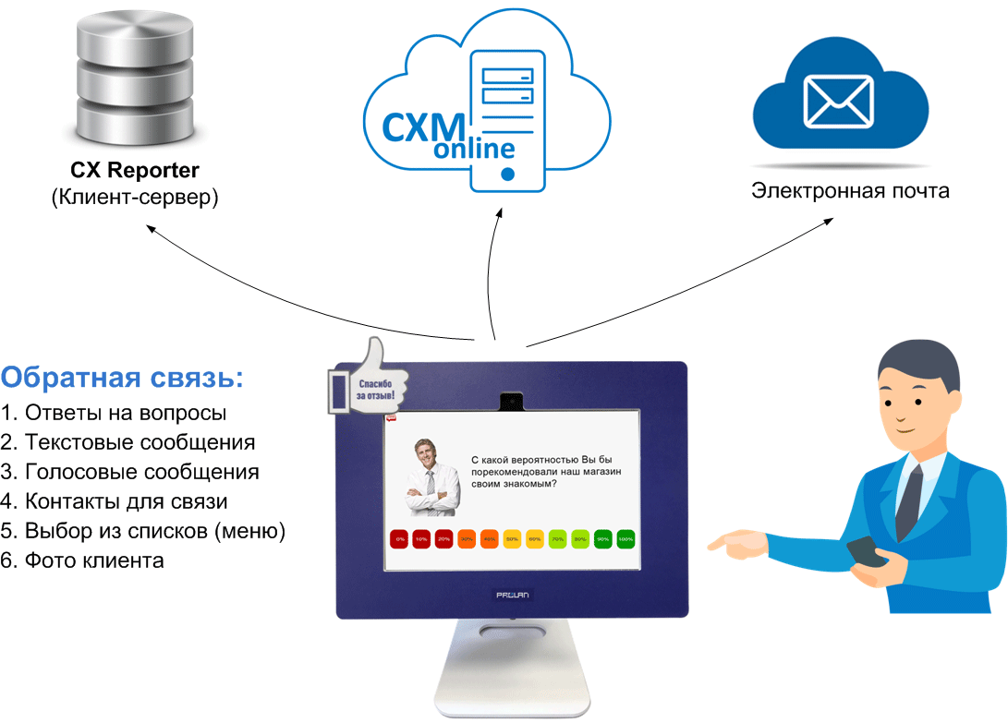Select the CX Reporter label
click(135, 171)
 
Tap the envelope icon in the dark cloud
click(838, 100)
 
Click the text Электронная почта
click(849, 192)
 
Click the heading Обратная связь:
click(123, 379)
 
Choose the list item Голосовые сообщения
click(130, 472)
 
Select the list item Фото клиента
click(82, 560)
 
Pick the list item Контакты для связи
click(115, 501)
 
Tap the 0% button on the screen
click(400, 538)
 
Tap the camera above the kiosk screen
click(512, 402)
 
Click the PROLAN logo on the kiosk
click(512, 596)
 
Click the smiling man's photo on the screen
click(431, 477)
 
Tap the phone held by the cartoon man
click(867, 552)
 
